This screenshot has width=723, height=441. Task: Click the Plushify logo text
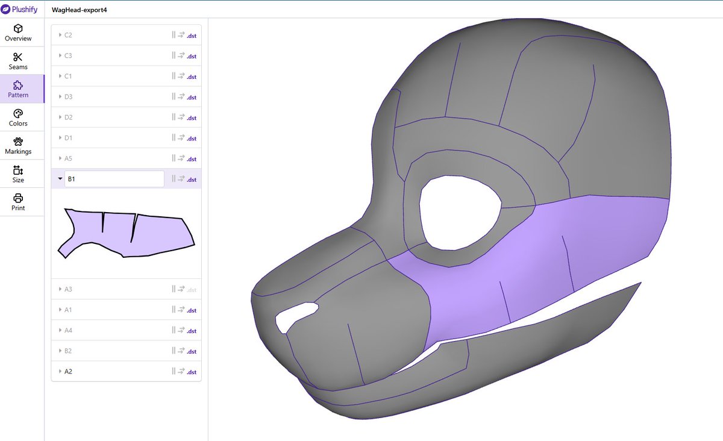pos(25,10)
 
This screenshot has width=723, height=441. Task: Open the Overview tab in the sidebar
pos(18,33)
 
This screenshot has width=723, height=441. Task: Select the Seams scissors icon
pos(17,57)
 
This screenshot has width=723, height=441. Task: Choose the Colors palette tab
pos(18,118)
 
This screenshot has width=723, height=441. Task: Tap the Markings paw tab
pos(18,146)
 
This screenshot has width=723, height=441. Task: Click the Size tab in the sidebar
pos(18,174)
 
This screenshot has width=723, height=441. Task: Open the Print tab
pos(18,202)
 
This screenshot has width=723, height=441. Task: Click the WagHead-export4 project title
pos(79,10)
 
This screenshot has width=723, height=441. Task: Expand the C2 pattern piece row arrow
pos(60,35)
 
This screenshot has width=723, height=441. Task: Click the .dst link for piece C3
pos(192,56)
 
